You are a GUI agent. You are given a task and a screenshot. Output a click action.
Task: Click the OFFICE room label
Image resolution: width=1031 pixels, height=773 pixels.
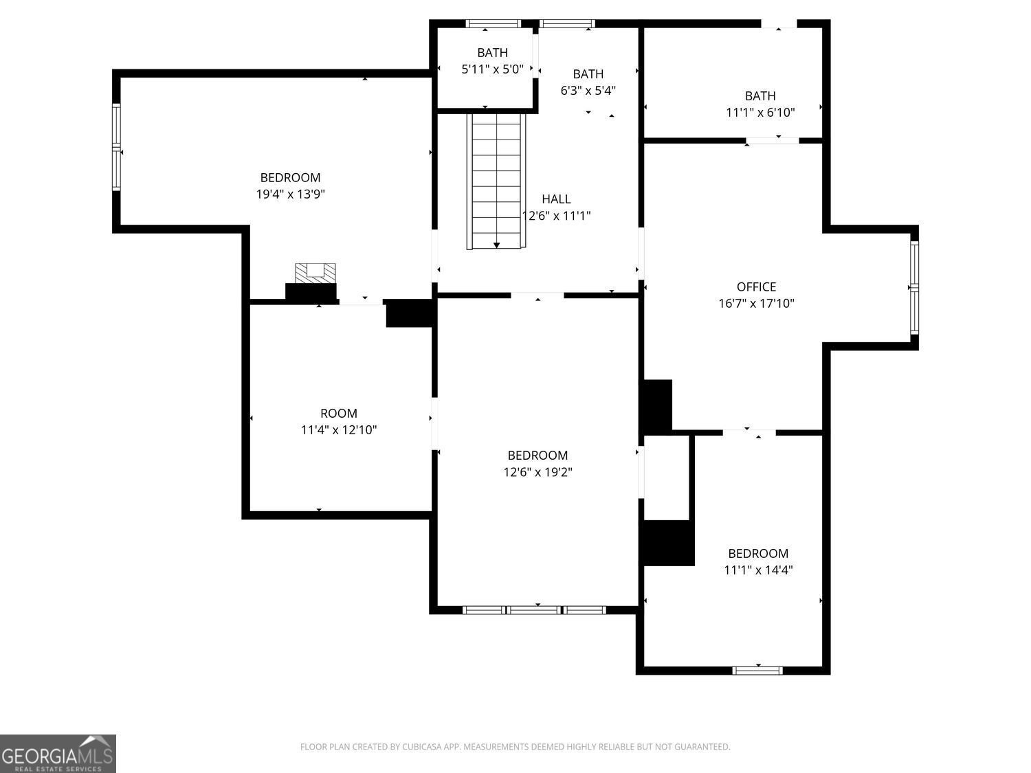pyautogui.click(x=756, y=287)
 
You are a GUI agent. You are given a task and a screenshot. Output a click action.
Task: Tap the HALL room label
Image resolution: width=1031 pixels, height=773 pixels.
pyautogui.click(x=556, y=199)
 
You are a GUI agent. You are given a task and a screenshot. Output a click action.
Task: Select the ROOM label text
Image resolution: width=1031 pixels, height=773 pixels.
pyautogui.click(x=339, y=414)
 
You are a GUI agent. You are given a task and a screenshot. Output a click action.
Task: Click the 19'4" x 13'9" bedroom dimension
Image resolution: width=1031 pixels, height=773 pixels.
pyautogui.click(x=290, y=194)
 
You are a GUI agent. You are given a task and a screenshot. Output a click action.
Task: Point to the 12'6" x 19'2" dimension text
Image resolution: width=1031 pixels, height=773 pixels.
pyautogui.click(x=537, y=472)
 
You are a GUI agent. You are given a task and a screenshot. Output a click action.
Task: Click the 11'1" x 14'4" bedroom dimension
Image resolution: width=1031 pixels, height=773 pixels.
pyautogui.click(x=758, y=570)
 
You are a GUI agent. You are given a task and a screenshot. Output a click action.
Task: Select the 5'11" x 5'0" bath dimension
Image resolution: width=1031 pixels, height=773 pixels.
pyautogui.click(x=492, y=69)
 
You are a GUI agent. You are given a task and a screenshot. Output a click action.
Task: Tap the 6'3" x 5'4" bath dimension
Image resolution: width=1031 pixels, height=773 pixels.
pyautogui.click(x=588, y=91)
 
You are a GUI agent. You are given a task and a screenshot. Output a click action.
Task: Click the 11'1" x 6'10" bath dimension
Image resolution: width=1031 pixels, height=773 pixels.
pyautogui.click(x=760, y=113)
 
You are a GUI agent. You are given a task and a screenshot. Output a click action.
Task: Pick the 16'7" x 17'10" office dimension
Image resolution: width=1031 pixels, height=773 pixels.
pyautogui.click(x=756, y=304)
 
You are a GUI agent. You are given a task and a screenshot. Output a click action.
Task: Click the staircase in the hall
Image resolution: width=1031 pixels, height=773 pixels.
pyautogui.click(x=496, y=181)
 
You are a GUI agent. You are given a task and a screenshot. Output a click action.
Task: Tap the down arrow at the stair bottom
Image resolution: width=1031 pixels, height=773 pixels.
pyautogui.click(x=496, y=245)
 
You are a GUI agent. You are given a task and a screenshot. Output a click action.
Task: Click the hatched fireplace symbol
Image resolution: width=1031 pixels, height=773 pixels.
pyautogui.click(x=315, y=273)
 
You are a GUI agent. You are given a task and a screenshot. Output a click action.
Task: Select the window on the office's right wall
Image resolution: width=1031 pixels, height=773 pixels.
pyautogui.click(x=914, y=288)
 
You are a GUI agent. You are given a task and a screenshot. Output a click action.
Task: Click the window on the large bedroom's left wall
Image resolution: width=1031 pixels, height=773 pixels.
pyautogui.click(x=116, y=147)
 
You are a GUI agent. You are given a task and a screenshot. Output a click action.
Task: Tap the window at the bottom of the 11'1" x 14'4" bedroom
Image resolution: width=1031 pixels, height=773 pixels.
pyautogui.click(x=757, y=671)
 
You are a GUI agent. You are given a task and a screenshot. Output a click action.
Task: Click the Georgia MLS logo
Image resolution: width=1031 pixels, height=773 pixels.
pyautogui.click(x=58, y=753)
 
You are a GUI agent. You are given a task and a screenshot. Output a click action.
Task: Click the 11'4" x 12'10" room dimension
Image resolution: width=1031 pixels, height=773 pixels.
pyautogui.click(x=339, y=430)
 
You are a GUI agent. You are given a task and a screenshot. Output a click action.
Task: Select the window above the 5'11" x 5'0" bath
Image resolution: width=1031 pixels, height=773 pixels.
pyautogui.click(x=494, y=24)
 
